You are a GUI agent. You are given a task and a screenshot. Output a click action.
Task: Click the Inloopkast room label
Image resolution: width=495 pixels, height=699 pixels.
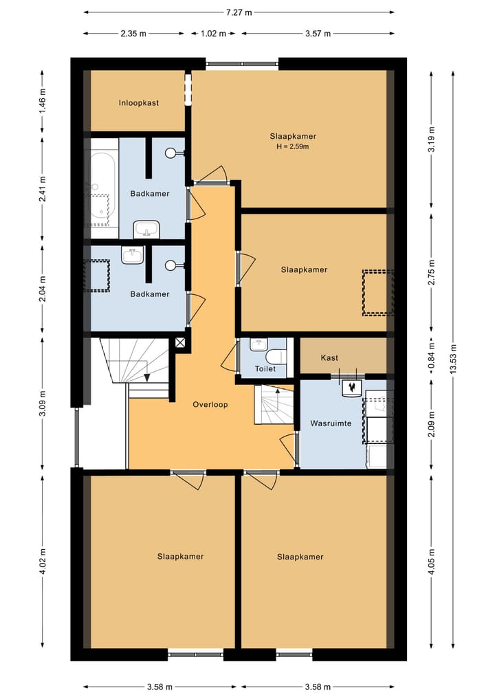139,103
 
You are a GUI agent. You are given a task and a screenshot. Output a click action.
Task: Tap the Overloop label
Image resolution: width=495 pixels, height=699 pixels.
210,405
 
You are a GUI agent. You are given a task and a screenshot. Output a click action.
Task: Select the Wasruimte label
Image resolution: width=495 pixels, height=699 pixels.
331,423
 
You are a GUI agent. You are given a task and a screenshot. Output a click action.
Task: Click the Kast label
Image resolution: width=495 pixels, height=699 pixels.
329,357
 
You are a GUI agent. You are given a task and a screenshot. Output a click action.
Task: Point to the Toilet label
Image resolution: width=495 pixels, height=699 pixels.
265,368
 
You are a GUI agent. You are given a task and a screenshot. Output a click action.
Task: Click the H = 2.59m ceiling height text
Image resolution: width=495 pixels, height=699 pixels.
293,146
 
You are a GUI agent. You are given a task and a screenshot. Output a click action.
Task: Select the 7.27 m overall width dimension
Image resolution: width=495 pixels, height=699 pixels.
239,12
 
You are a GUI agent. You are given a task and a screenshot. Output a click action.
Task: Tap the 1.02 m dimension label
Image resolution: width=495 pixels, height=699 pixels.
213,34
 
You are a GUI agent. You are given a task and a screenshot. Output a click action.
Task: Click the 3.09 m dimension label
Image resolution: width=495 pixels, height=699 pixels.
43,403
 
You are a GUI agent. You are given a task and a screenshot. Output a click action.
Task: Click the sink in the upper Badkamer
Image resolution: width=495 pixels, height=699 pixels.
146,229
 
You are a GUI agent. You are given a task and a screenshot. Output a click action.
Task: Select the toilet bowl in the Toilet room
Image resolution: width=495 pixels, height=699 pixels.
276,357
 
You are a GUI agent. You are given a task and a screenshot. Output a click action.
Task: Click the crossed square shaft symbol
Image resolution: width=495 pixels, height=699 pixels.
179,343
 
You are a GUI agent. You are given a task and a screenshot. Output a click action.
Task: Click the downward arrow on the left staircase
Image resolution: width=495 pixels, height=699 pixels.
146,377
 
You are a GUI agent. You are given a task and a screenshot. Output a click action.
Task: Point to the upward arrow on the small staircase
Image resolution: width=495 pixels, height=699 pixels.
277,391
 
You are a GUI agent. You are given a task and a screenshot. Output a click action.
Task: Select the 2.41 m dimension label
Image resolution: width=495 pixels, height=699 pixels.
43,189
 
